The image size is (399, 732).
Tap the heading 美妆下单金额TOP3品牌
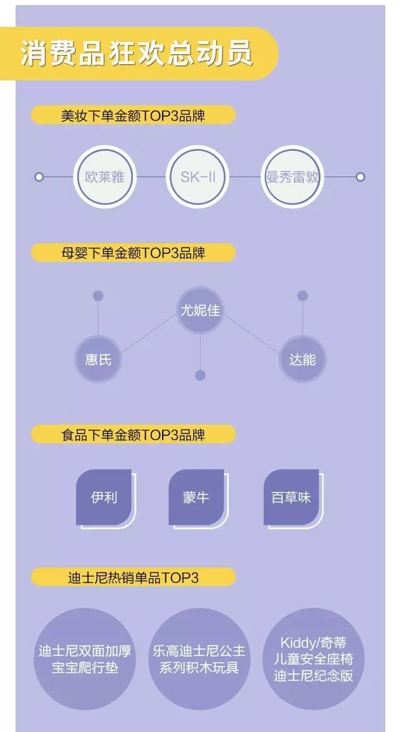pos(133,116)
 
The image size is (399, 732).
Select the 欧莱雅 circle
pos(105,177)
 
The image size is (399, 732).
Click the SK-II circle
pos(198,177)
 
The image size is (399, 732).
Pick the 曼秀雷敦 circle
pos(292,177)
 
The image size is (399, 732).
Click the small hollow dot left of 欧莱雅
pos(39,177)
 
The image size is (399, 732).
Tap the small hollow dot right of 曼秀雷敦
pos(360,177)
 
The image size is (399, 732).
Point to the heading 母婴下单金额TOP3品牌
pos(133,253)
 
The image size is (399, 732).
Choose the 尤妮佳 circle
pos(200,310)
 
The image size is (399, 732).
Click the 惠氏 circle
pos(98,360)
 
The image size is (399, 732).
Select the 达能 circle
pos(302,360)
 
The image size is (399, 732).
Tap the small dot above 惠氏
pos(98,296)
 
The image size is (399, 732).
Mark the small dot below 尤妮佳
pos(200,375)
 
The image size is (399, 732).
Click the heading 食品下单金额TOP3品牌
pos(133,435)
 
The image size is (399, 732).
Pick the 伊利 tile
pos(103,498)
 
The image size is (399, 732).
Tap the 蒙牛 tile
pos(196,498)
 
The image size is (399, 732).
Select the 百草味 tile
pos(291,498)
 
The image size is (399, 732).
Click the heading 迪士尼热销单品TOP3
pos(133,577)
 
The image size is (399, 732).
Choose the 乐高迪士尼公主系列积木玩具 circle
pos(199,660)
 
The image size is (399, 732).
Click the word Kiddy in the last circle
pos(297,643)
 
